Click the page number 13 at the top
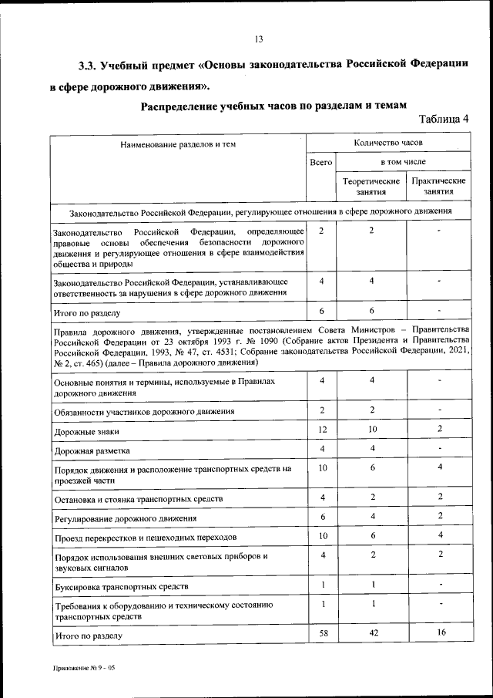259,39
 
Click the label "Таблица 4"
444,119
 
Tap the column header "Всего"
320,163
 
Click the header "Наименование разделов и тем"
178,144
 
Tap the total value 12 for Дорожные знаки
321,429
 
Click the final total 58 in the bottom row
321,632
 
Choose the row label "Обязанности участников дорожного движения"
143,412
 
